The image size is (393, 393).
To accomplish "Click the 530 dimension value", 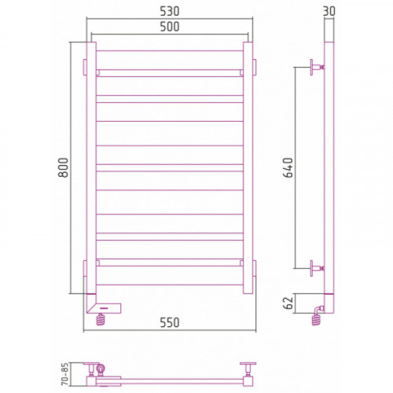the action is [170, 11].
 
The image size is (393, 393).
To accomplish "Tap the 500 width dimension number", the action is [170, 27].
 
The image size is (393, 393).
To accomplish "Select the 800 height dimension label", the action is [63, 167].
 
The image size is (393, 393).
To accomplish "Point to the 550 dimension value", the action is [170, 322].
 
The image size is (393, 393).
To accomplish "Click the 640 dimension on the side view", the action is [288, 167].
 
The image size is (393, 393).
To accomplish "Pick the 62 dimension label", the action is [288, 303].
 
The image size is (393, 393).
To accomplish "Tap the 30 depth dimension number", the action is [329, 11].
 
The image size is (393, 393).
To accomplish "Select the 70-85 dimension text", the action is [64, 374].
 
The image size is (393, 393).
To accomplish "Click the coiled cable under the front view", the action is [101, 320].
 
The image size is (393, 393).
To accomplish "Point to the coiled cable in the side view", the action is [317, 320].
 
